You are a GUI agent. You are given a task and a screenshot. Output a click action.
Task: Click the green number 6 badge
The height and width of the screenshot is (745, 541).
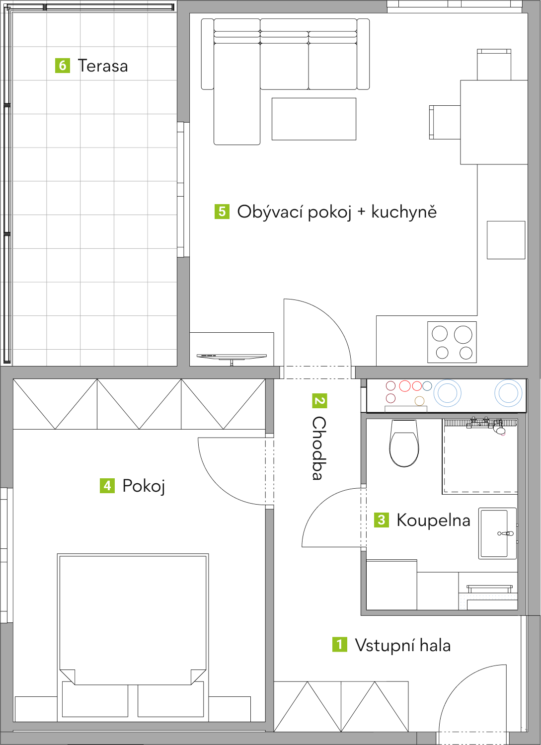coord(63,65)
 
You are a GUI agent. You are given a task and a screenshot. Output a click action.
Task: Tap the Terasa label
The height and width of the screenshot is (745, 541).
coord(103,66)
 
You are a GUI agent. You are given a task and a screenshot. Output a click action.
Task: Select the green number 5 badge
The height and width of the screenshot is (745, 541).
coord(222,212)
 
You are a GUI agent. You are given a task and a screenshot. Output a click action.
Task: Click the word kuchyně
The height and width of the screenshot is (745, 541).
coord(404,212)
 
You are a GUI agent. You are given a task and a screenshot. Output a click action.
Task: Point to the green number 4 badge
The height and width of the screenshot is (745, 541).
coord(107,486)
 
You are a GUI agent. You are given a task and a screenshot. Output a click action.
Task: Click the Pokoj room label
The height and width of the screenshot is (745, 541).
coord(144,486)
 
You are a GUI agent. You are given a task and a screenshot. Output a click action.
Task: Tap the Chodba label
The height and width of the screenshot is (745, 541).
coord(319,448)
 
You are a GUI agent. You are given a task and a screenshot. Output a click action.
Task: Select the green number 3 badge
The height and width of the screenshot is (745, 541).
coord(382,520)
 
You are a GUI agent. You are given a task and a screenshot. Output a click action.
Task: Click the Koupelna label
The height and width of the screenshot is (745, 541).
coord(434,520)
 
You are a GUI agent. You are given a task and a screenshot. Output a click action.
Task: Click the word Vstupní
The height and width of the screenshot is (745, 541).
coord(385,646)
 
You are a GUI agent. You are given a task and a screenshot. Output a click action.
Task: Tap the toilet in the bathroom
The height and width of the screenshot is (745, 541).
coord(404,443)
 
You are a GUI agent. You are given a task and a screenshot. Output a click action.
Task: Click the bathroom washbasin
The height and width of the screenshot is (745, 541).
coord(497,533)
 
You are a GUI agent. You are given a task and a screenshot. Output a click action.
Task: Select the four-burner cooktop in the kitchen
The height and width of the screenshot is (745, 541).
coord(452,342)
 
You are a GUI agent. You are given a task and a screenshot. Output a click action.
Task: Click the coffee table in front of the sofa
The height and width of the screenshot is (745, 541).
coord(314,119)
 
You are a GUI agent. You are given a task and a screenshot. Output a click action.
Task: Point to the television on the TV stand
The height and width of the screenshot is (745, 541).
coord(232,358)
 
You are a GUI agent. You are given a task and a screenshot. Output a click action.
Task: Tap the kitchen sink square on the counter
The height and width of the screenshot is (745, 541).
coord(506,240)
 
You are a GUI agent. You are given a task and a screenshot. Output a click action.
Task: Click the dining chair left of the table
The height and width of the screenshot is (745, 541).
coord(445,122)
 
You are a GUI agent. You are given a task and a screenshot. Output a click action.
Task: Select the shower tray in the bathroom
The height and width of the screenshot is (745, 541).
coord(480,456)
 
